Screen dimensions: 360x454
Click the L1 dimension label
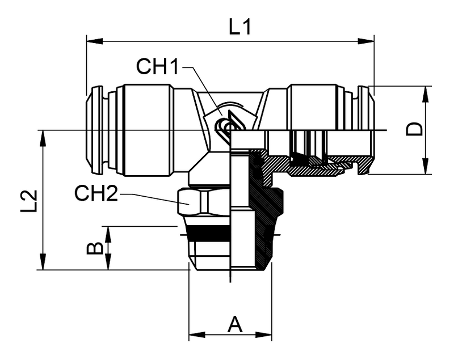(x=239, y=26)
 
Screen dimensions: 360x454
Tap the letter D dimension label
(x=416, y=129)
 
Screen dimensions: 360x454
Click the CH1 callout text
(x=157, y=67)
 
